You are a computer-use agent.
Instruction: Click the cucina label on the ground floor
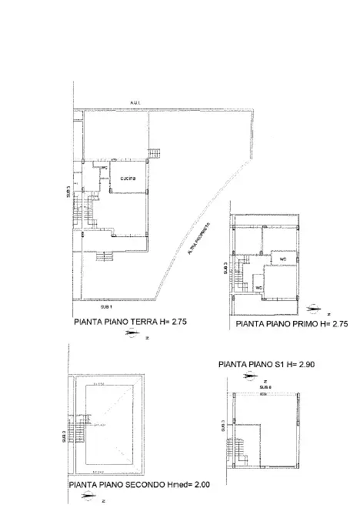tap(128, 179)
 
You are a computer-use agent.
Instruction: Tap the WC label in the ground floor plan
tap(105, 166)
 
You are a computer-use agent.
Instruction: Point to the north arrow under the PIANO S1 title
tap(249, 376)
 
